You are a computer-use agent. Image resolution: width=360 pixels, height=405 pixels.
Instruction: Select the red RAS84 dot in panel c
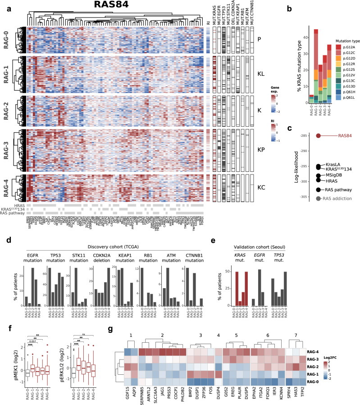click(x=319, y=135)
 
